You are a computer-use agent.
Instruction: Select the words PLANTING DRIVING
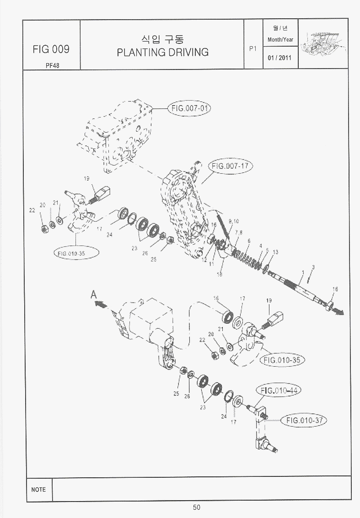point(162,52)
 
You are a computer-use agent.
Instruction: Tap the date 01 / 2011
point(280,59)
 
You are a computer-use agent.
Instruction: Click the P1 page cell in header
point(253,48)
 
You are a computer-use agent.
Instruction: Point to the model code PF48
point(52,65)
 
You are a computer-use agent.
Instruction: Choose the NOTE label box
point(39,489)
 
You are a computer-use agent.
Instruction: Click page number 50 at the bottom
point(196,507)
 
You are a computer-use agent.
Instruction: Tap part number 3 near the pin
point(313,267)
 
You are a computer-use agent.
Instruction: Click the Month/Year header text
point(280,40)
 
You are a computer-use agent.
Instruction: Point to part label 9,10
point(233,221)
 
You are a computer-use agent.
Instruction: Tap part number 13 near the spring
point(275,252)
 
